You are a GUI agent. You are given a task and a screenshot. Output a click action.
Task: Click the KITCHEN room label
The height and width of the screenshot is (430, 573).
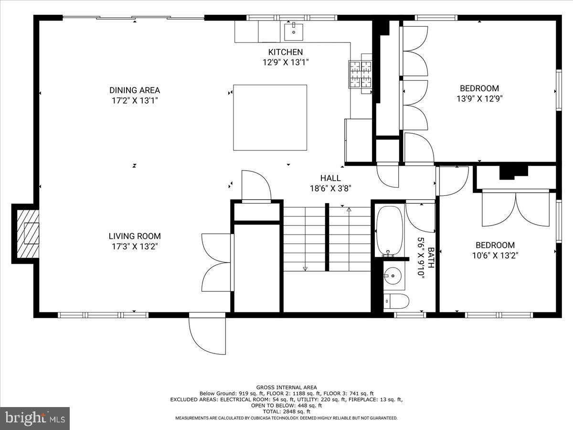pos(285,52)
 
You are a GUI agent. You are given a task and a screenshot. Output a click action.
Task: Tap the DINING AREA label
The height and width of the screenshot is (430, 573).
pos(134,90)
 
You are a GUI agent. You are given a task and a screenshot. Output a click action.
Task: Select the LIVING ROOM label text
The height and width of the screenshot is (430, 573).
pos(134,236)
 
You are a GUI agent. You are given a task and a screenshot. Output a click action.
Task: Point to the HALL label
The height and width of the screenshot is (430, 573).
pos(330,178)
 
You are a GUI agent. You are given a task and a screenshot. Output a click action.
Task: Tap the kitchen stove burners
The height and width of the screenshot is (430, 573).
pos(361,74)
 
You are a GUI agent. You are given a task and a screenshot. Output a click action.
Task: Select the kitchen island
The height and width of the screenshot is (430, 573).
pos(270,118)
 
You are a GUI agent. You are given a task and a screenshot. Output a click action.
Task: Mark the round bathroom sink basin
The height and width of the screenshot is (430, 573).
pos(393,275)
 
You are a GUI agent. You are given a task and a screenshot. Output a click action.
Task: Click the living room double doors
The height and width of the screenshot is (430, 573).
pos(217,262)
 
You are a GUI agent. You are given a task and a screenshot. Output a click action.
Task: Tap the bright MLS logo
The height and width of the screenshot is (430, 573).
pos(35,418)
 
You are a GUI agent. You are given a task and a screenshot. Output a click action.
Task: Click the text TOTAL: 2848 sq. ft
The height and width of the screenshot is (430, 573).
pos(286,411)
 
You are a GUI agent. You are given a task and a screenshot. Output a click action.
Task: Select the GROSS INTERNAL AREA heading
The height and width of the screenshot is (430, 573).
pos(286,387)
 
